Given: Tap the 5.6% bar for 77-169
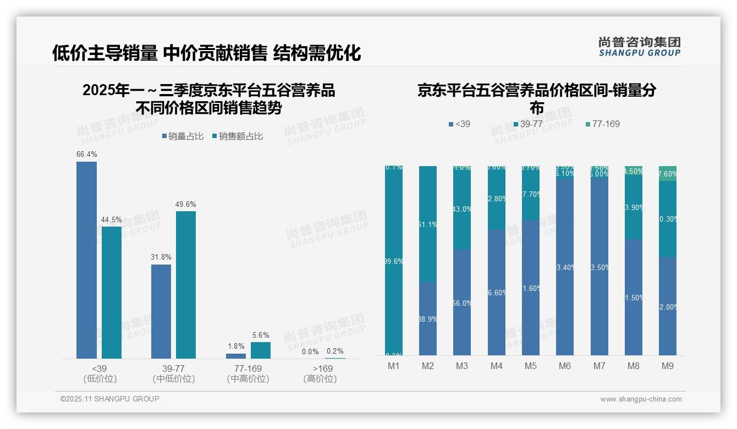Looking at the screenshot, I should [x=261, y=350].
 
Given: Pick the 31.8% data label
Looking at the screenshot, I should [x=161, y=257].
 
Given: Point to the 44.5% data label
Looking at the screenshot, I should [x=111, y=219].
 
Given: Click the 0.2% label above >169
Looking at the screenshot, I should [x=335, y=351].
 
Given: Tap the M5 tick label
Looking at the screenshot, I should [x=530, y=366].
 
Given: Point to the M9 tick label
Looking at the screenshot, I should [x=667, y=366].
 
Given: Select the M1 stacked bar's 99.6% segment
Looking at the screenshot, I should [x=394, y=261].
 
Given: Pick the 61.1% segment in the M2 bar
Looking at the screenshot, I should [x=428, y=224].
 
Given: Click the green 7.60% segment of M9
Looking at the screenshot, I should [x=668, y=174].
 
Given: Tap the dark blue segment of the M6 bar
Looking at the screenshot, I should [x=565, y=267].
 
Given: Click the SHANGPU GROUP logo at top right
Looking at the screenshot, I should [x=640, y=47].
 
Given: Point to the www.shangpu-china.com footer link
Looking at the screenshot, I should [x=641, y=399].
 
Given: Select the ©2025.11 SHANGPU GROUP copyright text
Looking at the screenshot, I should [x=110, y=399].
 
